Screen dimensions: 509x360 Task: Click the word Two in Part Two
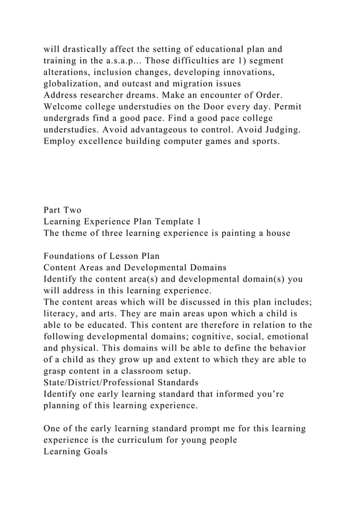[73, 210]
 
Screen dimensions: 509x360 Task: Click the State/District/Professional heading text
[121, 383]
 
